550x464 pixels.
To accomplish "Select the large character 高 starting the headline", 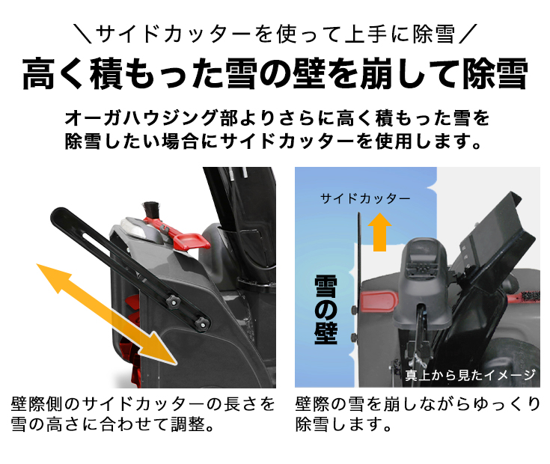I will pos(40,76).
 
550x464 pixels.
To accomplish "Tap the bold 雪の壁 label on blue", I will pos(326,307).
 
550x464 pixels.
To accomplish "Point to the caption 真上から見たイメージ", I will pos(470,375).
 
